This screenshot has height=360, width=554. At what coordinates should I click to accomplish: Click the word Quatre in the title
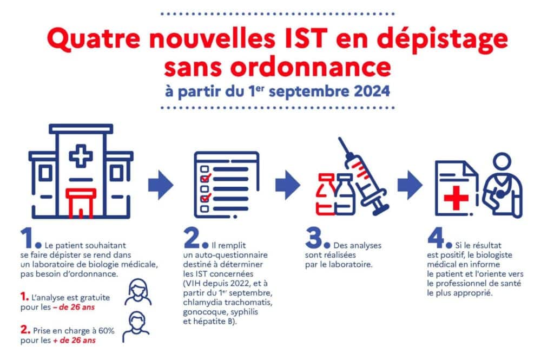(94, 38)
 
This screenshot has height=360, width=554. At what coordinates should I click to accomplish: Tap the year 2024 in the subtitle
(372, 91)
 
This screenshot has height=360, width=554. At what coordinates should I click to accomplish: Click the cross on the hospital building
(81, 155)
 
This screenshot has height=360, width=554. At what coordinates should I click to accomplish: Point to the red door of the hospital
(81, 203)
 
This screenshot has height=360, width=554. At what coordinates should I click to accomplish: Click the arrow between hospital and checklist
(161, 185)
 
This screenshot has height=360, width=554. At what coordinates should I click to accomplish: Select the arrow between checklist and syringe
(288, 185)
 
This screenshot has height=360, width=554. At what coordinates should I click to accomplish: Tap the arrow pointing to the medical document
(410, 185)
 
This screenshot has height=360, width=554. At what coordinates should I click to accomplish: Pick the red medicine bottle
(325, 194)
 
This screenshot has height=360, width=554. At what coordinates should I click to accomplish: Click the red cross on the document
(456, 198)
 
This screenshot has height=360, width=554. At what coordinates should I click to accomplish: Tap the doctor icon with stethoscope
(502, 185)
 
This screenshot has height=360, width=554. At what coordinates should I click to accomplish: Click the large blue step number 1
(27, 238)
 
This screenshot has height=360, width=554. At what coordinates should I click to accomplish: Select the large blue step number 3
(314, 238)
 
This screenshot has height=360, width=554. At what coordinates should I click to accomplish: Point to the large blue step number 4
(436, 238)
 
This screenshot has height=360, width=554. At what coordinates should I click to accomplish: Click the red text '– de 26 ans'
(74, 307)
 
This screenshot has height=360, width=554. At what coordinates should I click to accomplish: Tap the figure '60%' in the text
(107, 331)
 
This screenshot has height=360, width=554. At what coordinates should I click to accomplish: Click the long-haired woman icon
(138, 292)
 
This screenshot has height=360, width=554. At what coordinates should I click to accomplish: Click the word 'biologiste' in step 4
(494, 255)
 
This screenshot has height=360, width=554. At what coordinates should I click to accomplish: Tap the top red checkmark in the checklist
(206, 177)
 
